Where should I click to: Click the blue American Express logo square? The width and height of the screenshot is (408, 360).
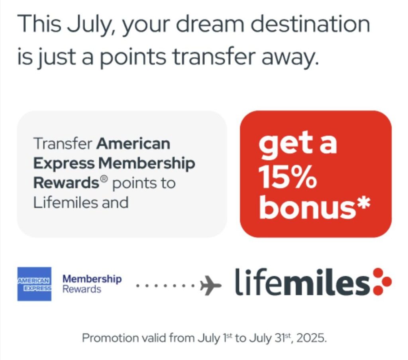(34, 284)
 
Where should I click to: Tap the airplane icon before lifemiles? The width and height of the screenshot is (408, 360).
(210, 285)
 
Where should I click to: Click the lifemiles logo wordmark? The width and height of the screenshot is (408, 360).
(302, 282)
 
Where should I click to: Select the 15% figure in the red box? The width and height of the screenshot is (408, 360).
(288, 177)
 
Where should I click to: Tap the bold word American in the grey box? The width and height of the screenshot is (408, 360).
(133, 144)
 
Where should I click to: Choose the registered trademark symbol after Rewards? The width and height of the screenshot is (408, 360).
(104, 179)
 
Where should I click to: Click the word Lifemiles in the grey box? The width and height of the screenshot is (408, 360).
(66, 203)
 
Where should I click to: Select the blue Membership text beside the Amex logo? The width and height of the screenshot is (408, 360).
(92, 279)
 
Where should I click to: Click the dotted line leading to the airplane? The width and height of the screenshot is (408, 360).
(165, 285)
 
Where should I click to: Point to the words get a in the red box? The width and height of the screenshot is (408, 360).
(297, 144)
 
